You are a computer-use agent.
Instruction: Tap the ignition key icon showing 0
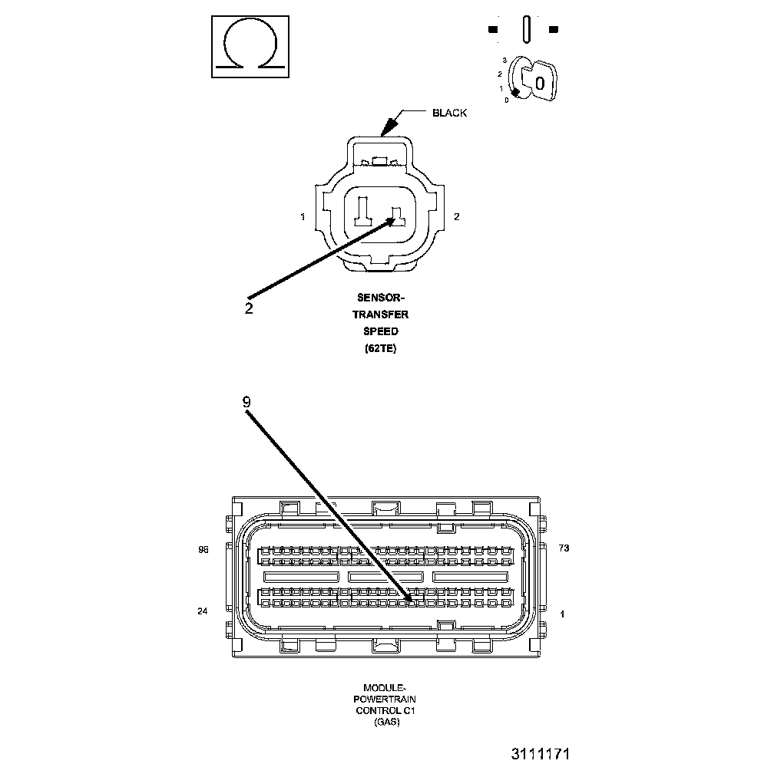click(537, 80)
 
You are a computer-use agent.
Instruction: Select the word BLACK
click(449, 113)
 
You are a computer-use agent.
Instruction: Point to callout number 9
click(246, 401)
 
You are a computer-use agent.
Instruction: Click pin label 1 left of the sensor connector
click(303, 217)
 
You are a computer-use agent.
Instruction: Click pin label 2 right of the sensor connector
click(457, 217)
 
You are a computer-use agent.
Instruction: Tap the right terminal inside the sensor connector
click(398, 216)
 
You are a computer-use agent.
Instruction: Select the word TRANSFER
click(380, 314)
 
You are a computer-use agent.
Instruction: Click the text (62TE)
click(380, 348)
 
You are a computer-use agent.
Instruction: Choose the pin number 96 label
click(203, 549)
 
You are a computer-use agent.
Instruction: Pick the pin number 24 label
click(203, 611)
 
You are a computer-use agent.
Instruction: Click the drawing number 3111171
click(541, 754)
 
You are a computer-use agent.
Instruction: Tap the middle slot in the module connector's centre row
click(385, 575)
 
